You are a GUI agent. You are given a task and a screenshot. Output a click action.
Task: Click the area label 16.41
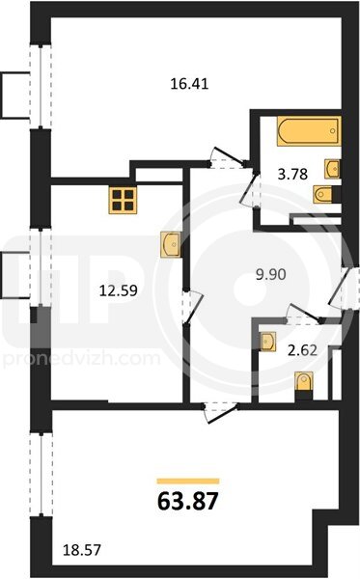coord(189,84)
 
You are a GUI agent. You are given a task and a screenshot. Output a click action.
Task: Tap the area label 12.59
coord(119,290)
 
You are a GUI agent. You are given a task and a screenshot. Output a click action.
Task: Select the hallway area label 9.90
coord(271,274)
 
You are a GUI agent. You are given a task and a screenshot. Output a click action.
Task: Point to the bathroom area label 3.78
coord(292,174)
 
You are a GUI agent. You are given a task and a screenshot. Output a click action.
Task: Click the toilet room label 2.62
coord(302,349)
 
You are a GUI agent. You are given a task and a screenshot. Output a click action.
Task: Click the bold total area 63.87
coord(188,502)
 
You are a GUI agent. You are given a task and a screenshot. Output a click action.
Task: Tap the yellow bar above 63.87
coord(188,481)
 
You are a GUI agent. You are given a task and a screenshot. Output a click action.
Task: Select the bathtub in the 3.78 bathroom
coord(309,131)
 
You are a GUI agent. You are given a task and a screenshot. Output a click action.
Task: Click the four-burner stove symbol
coord(123,200)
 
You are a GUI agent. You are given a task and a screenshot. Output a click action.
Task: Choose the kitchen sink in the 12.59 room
coord(171,244)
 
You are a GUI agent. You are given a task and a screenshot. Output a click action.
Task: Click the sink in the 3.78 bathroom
coord(332,169)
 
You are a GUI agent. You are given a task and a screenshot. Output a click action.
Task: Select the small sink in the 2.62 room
coord(267,342)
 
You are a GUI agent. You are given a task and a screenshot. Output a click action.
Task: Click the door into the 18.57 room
coord(221,413)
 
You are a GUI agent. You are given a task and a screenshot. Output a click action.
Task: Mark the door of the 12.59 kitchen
coord(193,307)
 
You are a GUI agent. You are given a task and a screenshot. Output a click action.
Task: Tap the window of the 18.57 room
coord(41,475)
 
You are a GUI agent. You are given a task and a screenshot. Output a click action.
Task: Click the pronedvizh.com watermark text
coord(82,359)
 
